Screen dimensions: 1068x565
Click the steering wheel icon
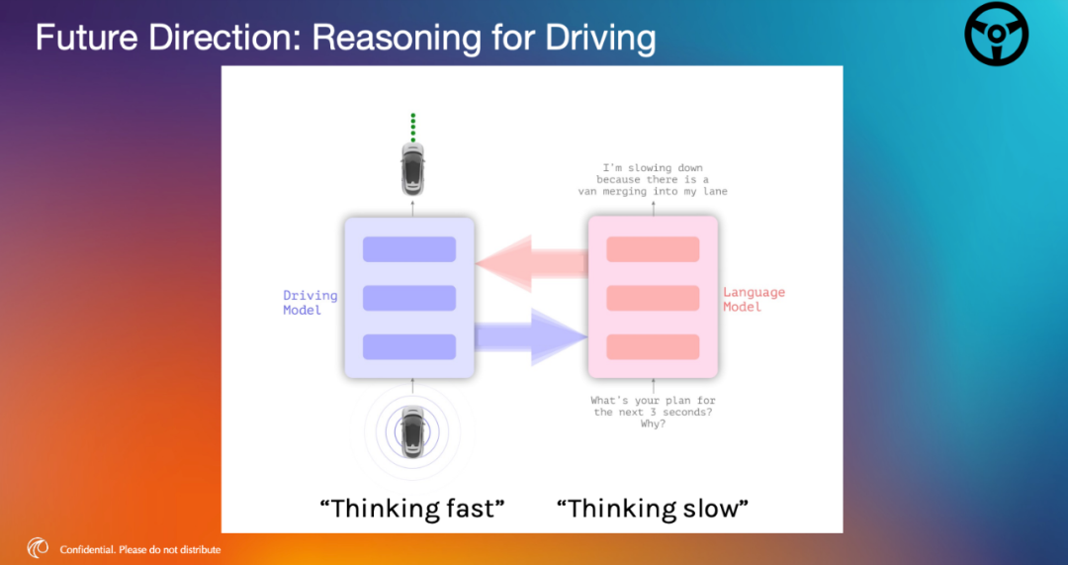997,34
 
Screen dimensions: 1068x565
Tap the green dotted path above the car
412,128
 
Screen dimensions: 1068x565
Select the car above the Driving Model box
412,168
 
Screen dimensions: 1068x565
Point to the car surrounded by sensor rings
412,432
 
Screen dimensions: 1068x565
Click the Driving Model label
311,303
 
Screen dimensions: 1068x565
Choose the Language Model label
754,299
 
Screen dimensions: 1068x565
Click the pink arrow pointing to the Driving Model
531,264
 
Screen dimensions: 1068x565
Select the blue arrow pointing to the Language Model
531,336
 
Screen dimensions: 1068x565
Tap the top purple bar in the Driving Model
409,249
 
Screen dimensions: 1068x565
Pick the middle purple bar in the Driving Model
409,299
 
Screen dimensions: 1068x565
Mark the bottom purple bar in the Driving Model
409,347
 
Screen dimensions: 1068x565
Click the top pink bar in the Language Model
654,249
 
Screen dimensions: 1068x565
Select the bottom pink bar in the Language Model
654,347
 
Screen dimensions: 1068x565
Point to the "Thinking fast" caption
412,509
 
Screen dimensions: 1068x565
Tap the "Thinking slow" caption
653,509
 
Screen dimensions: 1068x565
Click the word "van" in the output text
587,192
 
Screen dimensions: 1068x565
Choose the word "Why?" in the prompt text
654,424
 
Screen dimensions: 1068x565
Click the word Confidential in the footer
89,549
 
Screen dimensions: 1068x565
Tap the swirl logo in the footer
38,548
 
